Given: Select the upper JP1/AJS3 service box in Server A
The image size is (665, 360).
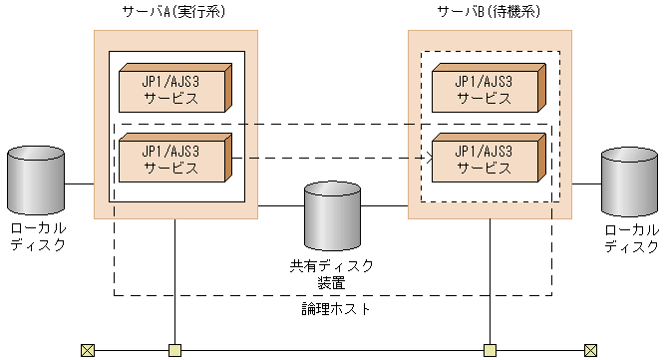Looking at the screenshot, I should (x=173, y=89).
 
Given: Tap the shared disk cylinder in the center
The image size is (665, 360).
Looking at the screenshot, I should (x=333, y=215).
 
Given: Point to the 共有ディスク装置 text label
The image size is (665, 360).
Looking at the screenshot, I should (x=332, y=274).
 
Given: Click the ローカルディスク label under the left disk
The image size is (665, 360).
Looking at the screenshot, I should (x=37, y=237).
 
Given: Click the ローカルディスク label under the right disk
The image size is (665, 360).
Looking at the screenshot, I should (x=631, y=237).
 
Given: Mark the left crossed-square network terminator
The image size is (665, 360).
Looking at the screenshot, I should (x=87, y=350).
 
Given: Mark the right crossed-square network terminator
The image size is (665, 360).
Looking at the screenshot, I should (x=591, y=350).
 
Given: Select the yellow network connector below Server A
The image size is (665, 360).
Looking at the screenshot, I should (x=175, y=350).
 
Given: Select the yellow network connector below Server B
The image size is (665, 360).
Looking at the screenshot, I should (x=490, y=350).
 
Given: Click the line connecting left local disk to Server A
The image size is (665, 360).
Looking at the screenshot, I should (x=80, y=184).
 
